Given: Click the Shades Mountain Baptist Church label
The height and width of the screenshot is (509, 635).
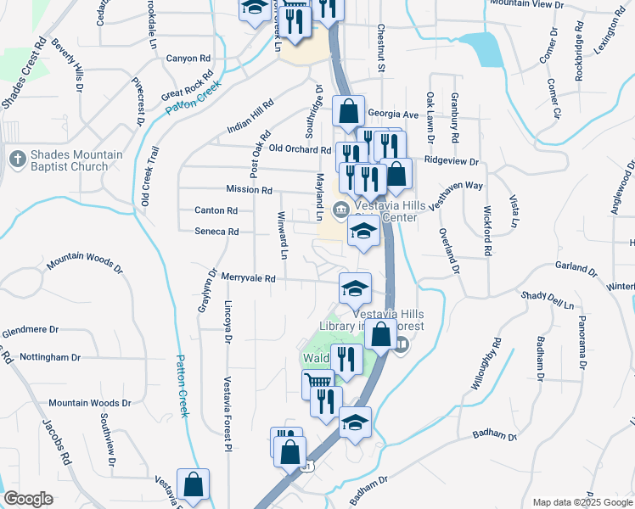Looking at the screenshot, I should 76,160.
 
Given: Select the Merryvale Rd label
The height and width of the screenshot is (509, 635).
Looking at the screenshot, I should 249,278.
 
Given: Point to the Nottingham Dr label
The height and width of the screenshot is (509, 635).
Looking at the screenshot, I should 55,357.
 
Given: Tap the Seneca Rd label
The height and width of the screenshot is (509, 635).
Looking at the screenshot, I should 216,232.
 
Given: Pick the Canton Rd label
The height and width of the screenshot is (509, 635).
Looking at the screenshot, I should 216,210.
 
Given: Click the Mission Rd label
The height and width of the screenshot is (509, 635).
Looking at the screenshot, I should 249,190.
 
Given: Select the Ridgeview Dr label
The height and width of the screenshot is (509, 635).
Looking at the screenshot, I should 452,160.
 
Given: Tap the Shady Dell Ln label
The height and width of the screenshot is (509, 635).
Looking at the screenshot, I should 548,299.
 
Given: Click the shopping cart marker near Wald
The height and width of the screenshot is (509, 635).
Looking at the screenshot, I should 318,383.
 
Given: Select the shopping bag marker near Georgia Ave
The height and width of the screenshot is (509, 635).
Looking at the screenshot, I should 348,111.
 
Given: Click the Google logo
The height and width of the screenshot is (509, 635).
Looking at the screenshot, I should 28,499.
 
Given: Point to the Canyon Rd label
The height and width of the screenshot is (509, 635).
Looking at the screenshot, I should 188,59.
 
